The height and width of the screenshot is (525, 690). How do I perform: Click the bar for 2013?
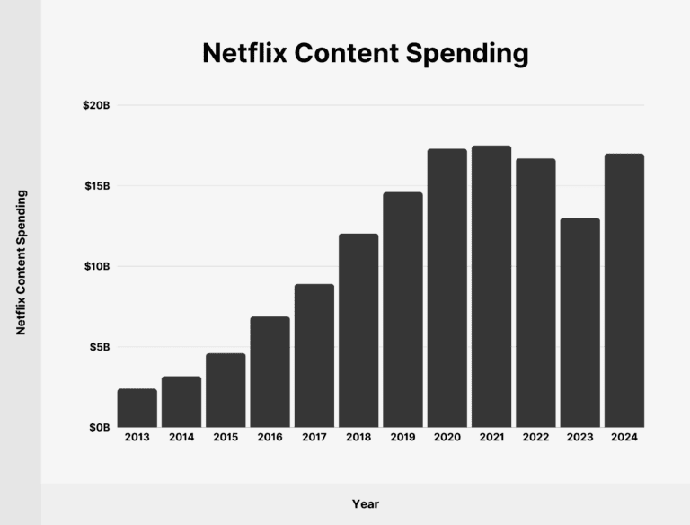137,408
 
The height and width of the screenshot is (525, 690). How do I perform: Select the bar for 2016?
270,372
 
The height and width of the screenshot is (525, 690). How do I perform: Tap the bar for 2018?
358,331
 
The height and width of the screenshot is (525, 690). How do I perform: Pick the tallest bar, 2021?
491,287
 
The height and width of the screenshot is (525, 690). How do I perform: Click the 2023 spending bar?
579,323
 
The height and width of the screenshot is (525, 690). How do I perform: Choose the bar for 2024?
624,290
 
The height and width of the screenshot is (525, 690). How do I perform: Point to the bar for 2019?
402,310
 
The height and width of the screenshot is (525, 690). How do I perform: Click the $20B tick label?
95,105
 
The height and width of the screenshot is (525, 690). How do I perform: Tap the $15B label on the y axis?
95,186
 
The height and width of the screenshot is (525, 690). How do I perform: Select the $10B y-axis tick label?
95,266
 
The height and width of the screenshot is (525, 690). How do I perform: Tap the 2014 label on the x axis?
181,437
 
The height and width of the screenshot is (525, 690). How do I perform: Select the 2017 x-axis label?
314,437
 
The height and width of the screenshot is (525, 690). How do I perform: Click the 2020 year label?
447,437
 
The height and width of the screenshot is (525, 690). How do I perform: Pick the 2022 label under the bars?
535,437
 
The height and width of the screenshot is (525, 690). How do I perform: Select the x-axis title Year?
366,504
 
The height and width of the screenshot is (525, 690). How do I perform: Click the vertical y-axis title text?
21,262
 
